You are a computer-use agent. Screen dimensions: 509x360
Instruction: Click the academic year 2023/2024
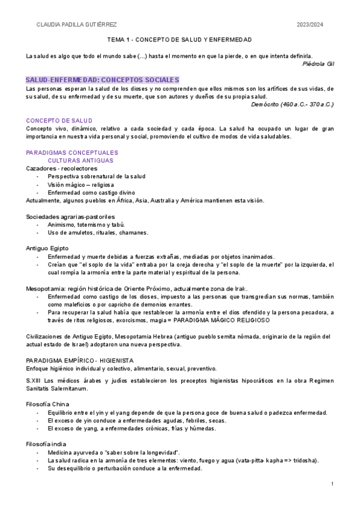point(310,25)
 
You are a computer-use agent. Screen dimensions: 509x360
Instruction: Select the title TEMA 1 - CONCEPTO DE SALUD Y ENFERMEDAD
point(179,40)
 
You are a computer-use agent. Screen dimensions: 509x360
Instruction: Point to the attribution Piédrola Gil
point(318,64)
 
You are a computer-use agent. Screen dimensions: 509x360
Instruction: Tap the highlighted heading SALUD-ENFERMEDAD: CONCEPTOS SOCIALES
point(102,80)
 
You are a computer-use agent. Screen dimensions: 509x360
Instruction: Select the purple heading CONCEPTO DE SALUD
point(59,121)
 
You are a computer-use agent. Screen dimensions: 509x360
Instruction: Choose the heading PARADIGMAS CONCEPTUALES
point(72,152)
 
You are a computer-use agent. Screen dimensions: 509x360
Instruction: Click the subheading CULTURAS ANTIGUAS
point(80,161)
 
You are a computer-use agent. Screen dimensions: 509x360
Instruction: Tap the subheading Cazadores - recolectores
point(61,169)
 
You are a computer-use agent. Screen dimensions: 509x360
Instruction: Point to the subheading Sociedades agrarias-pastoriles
point(70,217)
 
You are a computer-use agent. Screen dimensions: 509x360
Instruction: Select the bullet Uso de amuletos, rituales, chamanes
point(98,232)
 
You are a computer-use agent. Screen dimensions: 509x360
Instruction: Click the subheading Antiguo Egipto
point(47,248)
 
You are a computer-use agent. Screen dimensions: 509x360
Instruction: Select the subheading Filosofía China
point(47,404)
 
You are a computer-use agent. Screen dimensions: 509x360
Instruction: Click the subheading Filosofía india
point(46,444)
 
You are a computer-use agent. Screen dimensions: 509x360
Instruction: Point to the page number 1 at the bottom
point(332,483)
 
